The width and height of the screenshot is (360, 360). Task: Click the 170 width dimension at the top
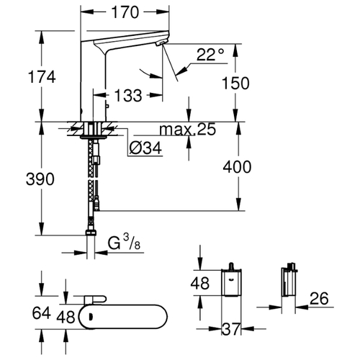(125, 12)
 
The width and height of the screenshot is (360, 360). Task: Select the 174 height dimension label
(42, 77)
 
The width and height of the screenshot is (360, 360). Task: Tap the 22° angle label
(210, 55)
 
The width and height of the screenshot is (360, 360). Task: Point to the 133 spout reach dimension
(128, 95)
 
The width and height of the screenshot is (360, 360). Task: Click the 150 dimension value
(235, 83)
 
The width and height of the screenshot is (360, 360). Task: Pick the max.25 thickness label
(188, 130)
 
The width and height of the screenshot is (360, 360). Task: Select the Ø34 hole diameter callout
(145, 148)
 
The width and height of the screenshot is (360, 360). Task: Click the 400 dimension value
(237, 167)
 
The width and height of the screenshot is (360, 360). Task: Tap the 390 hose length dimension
(40, 179)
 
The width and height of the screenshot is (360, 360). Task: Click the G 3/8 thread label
(124, 243)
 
